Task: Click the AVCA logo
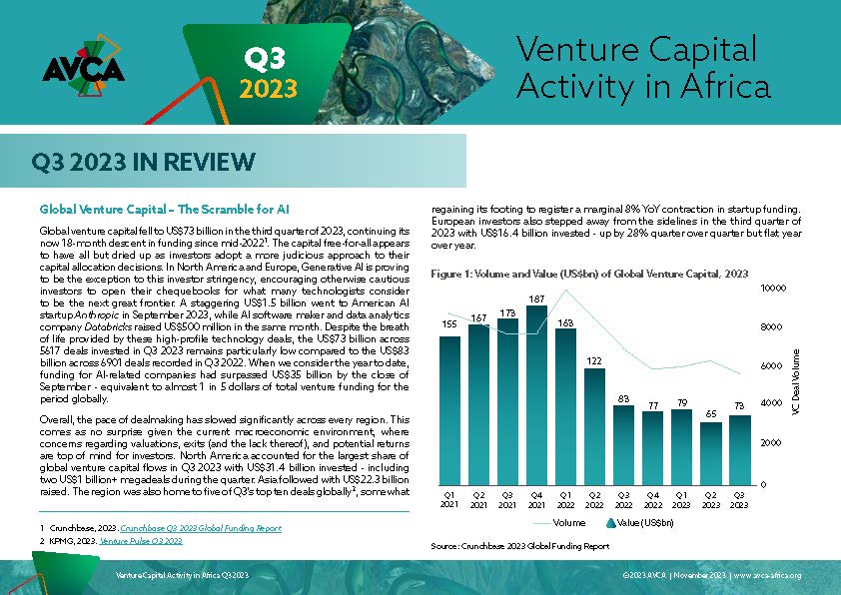tap(83, 67)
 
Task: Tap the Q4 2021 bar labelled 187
tap(536, 395)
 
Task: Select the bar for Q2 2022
tap(594, 426)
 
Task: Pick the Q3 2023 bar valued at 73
tap(739, 450)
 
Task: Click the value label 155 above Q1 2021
tap(449, 323)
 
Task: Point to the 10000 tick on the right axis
tap(773, 288)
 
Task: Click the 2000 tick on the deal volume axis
tap(771, 443)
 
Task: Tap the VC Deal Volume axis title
tap(795, 381)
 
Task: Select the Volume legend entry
tap(559, 523)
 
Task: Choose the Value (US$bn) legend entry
tap(640, 523)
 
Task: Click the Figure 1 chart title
tap(589, 274)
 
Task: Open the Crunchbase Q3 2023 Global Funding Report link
tap(201, 528)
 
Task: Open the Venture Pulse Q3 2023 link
tap(141, 541)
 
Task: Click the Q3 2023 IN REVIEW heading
tap(143, 162)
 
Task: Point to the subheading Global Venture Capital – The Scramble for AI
tap(164, 209)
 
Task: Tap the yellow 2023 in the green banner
tap(268, 89)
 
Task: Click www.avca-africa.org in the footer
tap(767, 575)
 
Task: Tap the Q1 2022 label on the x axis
tap(565, 500)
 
